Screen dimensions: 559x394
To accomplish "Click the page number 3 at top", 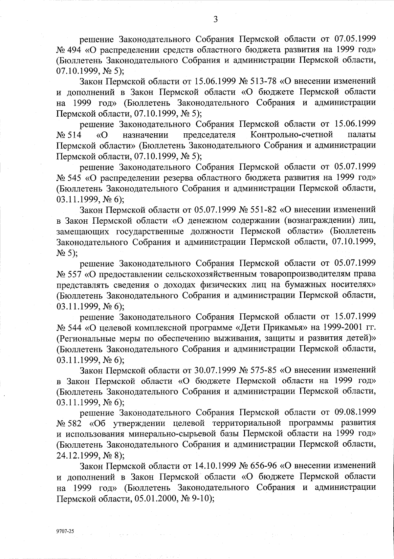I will point(215,19).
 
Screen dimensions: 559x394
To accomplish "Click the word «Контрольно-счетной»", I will point(292,135).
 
